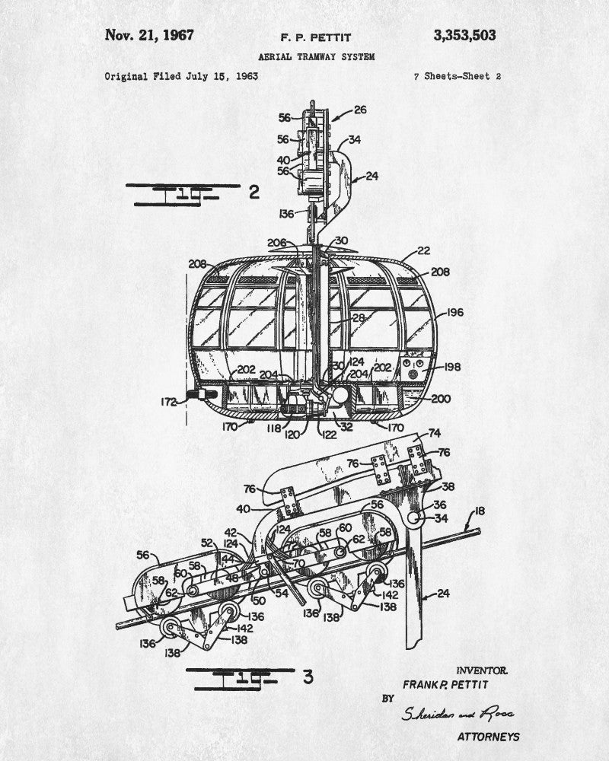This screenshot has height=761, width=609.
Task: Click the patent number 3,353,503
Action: point(464,35)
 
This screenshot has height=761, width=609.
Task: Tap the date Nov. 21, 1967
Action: point(149,35)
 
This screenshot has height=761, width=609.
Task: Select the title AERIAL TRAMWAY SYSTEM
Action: point(316,57)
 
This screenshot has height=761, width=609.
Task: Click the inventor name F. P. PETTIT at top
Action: point(311,37)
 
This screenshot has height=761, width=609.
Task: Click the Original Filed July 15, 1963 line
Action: point(181,76)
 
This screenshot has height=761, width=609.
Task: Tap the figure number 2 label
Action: point(254,192)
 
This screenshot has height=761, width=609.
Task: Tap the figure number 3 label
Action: point(308,676)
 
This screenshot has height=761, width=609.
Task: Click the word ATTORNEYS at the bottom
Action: point(488,737)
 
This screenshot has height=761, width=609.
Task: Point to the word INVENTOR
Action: point(481,670)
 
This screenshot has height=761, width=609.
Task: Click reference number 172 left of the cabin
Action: point(166,401)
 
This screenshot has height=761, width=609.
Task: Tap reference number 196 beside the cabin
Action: point(455,312)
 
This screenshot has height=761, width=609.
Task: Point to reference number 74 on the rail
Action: point(434,432)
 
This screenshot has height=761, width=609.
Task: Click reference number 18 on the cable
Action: point(480,511)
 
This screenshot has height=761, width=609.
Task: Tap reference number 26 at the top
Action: point(359,110)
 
